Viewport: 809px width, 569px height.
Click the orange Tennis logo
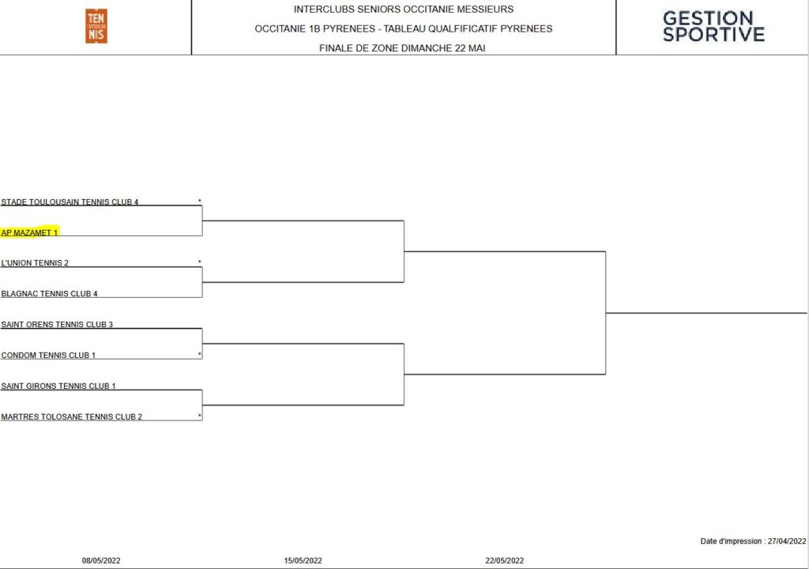[96, 26]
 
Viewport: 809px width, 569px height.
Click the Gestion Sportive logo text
[713, 26]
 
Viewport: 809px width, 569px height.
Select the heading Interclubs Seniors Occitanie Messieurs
[404, 9]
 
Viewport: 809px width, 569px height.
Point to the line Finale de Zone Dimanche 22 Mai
[402, 48]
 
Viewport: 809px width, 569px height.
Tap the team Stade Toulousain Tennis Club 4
[70, 202]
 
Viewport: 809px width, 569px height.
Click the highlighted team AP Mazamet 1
[29, 232]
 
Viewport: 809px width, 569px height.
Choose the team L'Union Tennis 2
[35, 263]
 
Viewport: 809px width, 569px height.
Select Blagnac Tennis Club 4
[49, 294]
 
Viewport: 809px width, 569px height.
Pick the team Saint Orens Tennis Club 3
[57, 324]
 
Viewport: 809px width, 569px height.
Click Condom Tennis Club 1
[48, 356]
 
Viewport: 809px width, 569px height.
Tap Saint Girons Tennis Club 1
[58, 386]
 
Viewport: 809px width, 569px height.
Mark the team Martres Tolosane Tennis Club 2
[71, 416]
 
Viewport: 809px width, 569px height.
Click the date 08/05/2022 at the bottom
[101, 561]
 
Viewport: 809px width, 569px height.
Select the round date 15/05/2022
[303, 561]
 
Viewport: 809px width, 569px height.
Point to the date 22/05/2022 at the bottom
[505, 561]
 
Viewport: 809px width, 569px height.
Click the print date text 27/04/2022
[787, 541]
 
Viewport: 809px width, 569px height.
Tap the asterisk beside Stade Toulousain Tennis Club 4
[200, 201]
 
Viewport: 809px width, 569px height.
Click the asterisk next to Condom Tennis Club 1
[200, 354]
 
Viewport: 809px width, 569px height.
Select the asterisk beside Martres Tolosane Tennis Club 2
[200, 416]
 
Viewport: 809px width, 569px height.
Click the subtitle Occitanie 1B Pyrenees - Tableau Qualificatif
[404, 29]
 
